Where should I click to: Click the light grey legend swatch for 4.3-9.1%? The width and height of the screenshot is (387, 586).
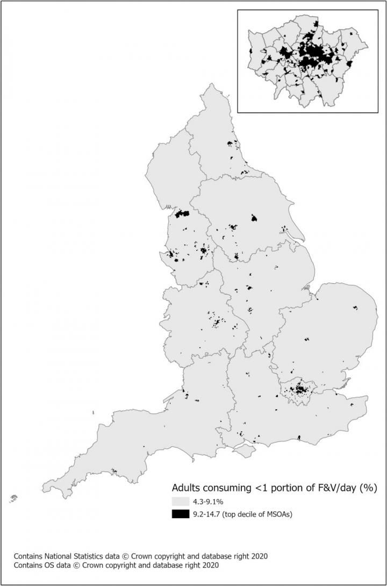(x=180, y=501)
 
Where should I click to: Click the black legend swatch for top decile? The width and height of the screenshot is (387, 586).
(x=180, y=514)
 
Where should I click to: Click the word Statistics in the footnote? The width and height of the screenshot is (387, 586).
(x=94, y=555)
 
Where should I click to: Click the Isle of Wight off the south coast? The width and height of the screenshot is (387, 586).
(x=245, y=450)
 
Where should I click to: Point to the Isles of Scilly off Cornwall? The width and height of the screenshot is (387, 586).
(x=13, y=498)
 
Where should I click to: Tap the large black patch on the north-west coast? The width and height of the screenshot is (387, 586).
(x=182, y=213)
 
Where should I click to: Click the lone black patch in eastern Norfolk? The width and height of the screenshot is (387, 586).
(x=355, y=308)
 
